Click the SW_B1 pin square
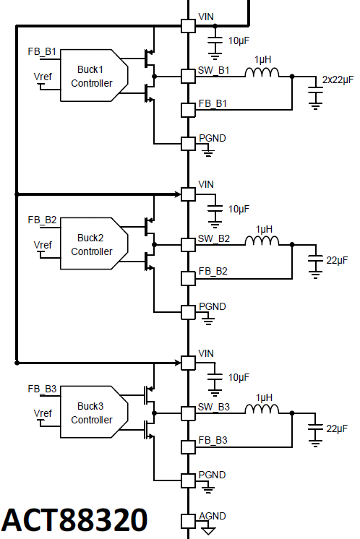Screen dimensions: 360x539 188,77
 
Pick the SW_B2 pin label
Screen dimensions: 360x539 213,238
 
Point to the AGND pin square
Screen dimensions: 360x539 188,521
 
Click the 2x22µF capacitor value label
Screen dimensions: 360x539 338,79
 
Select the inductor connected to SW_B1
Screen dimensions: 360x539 262,72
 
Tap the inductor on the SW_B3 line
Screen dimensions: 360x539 262,409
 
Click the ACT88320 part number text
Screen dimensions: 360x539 74,519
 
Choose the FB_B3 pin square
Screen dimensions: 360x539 188,447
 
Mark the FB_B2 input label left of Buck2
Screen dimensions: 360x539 42,220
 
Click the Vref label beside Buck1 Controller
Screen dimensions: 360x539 43,77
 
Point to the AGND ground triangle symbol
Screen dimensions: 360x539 208,531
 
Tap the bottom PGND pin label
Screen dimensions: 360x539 212,475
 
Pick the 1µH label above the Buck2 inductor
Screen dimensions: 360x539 264,229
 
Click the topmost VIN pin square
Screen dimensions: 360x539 188,26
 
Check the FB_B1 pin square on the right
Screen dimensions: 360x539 188,110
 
